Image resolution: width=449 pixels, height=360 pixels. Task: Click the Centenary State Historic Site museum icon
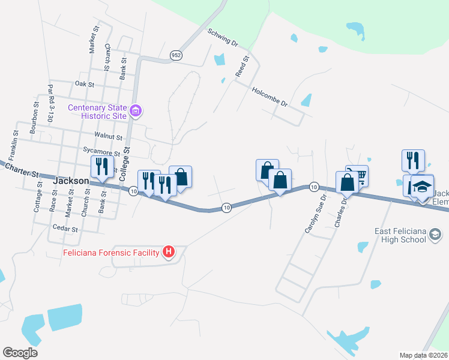(x=136, y=111)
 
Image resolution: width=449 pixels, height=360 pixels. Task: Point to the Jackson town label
(x=71, y=180)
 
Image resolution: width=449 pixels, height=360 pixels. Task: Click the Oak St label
(x=85, y=85)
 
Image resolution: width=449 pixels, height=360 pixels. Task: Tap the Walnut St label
(x=108, y=137)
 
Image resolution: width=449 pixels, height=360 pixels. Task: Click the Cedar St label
(x=65, y=229)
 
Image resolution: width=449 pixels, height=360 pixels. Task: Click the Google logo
(x=20, y=352)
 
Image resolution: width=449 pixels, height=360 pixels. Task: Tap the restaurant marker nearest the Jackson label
(x=101, y=166)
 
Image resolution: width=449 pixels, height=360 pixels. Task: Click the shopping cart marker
(x=358, y=175)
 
